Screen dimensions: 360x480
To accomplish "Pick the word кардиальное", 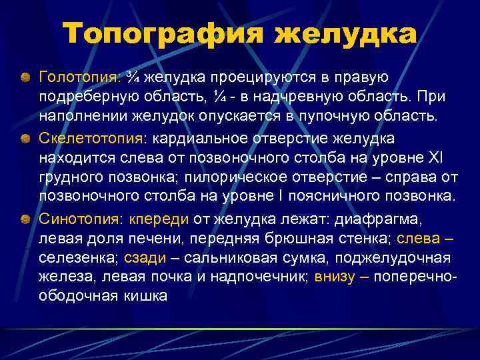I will [193, 138].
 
